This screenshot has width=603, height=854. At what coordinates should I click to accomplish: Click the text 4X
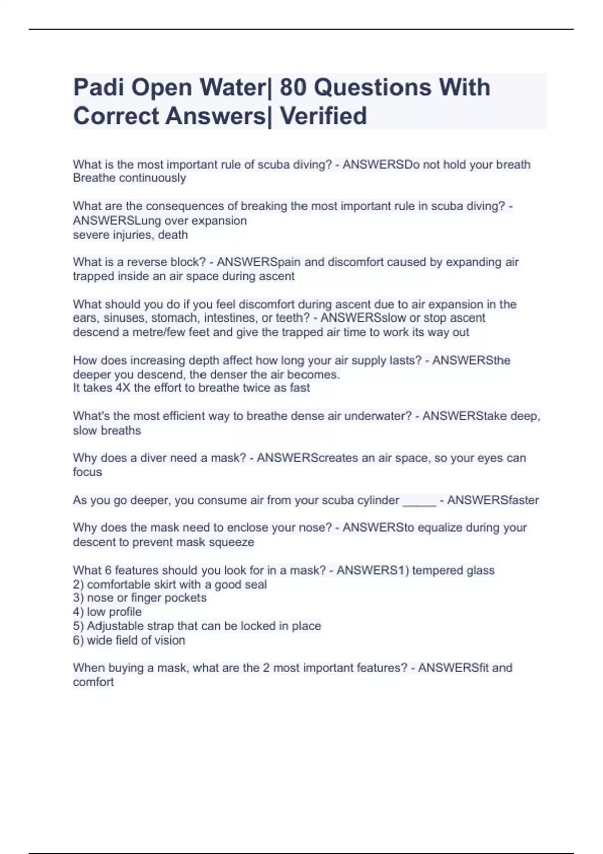point(123,388)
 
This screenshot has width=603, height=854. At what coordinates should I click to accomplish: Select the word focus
point(87,472)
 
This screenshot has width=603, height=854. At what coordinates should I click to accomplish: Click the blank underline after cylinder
point(419,501)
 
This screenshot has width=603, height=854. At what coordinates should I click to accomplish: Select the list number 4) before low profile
point(78,612)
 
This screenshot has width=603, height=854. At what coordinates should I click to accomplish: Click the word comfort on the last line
point(93,682)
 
